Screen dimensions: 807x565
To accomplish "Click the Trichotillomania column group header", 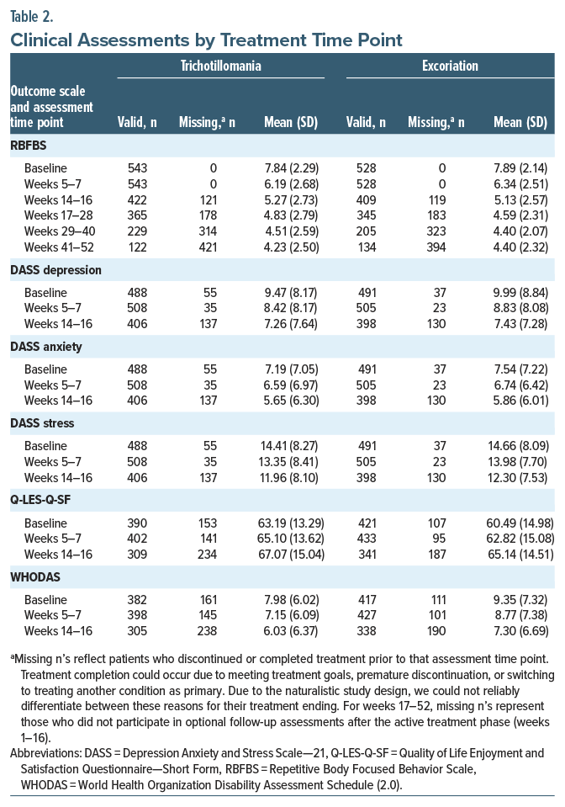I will [220, 65].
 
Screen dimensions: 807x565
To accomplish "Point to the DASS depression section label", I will [55, 270].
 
